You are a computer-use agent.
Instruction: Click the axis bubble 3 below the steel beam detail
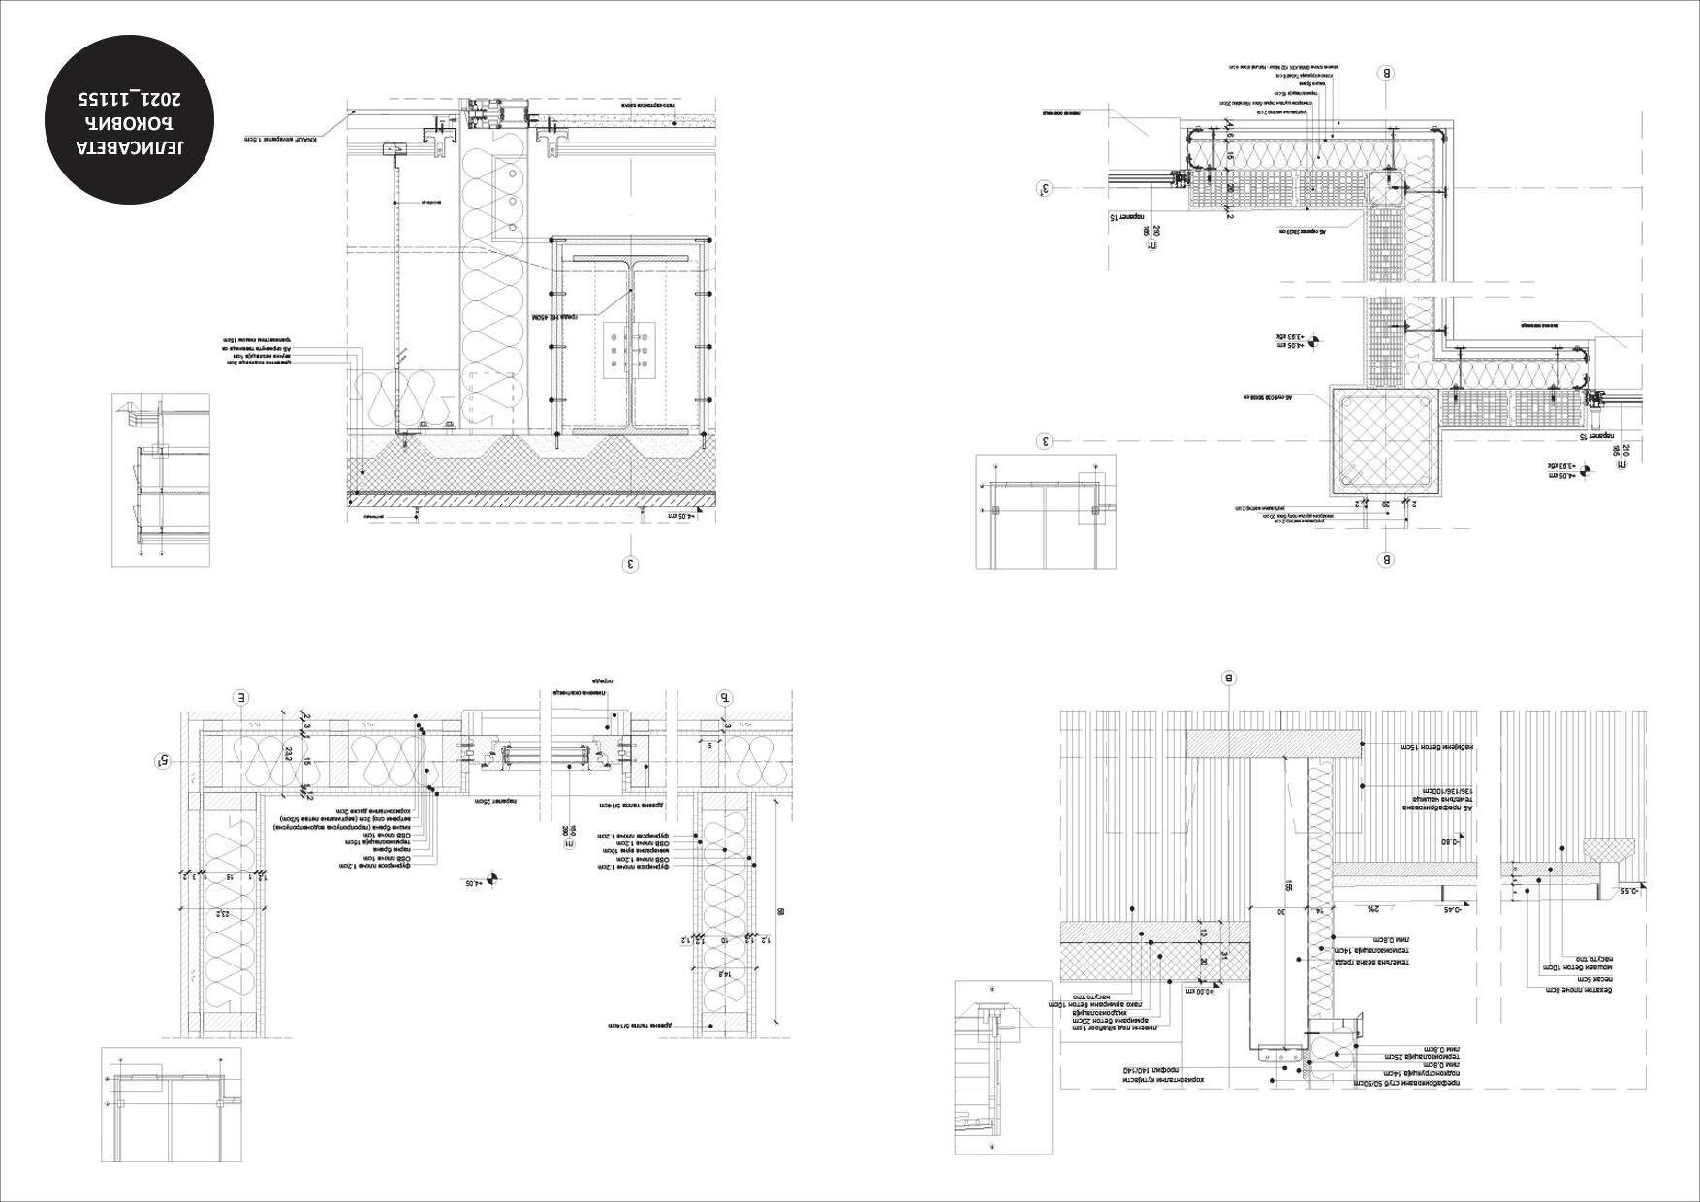pos(631,563)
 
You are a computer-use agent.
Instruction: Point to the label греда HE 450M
pos(553,317)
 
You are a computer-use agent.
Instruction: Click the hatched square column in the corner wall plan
pos(1386,441)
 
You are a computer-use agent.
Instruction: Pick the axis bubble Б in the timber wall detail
pos(725,697)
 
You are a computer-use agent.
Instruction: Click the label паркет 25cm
pos(494,802)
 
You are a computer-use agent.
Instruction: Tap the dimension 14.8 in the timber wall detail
pos(722,972)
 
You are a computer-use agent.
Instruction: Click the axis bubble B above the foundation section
pos(1229,679)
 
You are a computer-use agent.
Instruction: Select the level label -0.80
pos(1450,841)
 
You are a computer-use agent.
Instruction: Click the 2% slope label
pos(1373,909)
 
